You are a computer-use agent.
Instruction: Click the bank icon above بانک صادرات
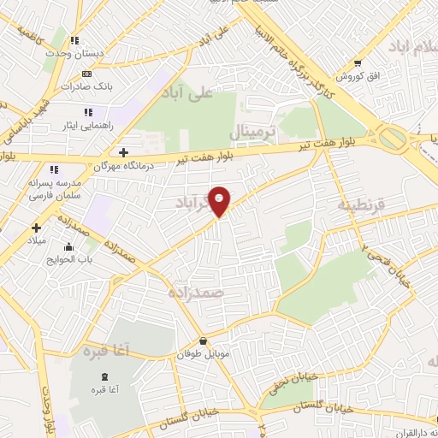pyautogui.click(x=86, y=74)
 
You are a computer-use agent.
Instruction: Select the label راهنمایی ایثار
pyautogui.click(x=81, y=125)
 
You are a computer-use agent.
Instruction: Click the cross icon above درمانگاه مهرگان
pyautogui.click(x=124, y=151)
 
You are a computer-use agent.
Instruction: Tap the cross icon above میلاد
pyautogui.click(x=36, y=228)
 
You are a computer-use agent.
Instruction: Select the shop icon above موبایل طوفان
pyautogui.click(x=203, y=340)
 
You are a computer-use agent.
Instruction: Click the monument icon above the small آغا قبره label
pyautogui.click(x=104, y=377)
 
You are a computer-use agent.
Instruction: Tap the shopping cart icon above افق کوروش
pyautogui.click(x=358, y=62)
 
